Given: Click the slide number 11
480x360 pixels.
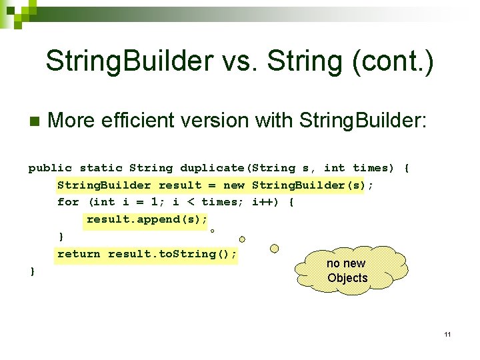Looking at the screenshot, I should tap(447, 334).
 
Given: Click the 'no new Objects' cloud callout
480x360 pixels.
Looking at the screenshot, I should tap(347, 271).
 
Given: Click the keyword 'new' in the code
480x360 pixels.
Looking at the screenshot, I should tap(234, 185).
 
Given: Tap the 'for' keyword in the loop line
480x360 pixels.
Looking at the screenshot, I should tap(68, 202).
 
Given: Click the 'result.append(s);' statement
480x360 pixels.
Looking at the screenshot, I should tap(147, 219).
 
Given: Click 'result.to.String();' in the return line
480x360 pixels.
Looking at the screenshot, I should tap(172, 254).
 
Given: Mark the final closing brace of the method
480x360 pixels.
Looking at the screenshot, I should tap(31, 271).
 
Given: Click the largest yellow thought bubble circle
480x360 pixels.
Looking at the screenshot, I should tap(274, 249).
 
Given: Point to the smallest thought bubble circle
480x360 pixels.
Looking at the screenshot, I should tap(211, 231).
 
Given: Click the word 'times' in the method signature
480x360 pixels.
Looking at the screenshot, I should tap(371, 168).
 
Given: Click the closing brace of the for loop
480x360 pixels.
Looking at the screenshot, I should tap(61, 237).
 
